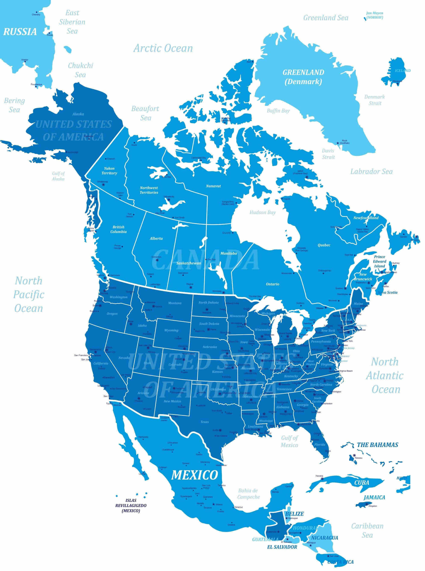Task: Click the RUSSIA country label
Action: pos(20,32)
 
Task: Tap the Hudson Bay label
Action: pos(262,212)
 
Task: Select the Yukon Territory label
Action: pos(109,170)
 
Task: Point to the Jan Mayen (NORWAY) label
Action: pos(375,15)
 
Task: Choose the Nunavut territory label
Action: pos(213,186)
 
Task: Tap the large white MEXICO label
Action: pos(194,475)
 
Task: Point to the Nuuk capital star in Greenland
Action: pos(338,143)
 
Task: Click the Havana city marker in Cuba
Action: pos(322,478)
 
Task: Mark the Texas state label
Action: pos(204,422)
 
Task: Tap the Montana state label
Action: pos(175,303)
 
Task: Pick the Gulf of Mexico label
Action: pos(289,441)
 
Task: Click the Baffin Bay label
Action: pos(278,111)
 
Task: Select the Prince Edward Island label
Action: pos(379,262)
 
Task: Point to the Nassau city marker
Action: pos(354,455)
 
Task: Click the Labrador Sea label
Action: pos(372,172)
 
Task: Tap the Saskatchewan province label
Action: pos(189,263)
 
